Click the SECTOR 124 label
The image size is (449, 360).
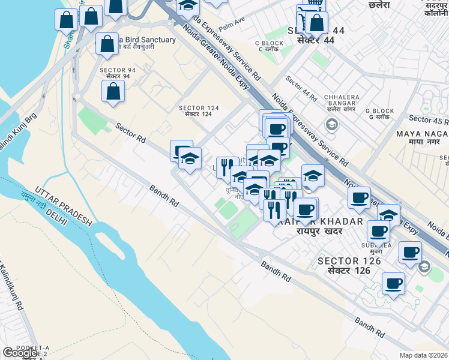coord(199,111)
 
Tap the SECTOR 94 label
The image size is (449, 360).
coord(117,73)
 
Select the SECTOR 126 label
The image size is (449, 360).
coord(350,265)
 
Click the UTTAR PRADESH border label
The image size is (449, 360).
coord(62,205)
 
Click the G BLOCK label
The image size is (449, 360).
coord(379,114)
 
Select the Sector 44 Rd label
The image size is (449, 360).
coord(301,88)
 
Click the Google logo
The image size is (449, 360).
coord(20,353)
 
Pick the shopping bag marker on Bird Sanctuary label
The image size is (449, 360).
coord(107,44)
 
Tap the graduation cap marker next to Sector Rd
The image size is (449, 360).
coord(190,159)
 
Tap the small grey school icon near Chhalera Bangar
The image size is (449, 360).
coord(330,124)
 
